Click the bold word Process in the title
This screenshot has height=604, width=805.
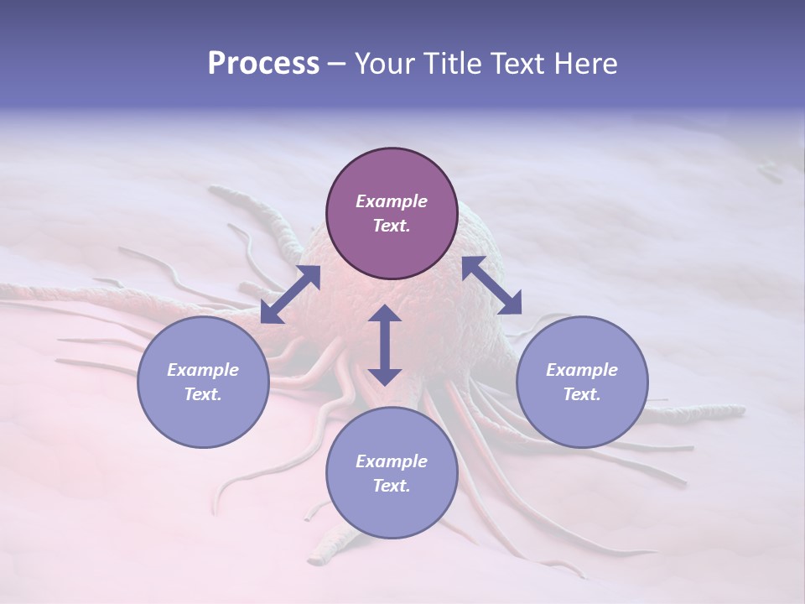pyautogui.click(x=263, y=64)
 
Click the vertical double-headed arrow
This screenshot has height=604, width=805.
pyautogui.click(x=385, y=346)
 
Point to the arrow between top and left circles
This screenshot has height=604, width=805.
pyautogui.click(x=290, y=294)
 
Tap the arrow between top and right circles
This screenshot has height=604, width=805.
pyautogui.click(x=491, y=285)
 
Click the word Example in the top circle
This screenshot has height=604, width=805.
pyautogui.click(x=392, y=201)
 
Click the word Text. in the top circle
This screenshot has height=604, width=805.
pyautogui.click(x=392, y=226)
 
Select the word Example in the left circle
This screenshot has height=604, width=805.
pyautogui.click(x=203, y=370)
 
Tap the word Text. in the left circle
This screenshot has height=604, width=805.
pyautogui.click(x=203, y=394)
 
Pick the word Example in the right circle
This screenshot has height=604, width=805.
pyautogui.click(x=582, y=370)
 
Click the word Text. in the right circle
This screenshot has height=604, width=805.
pyautogui.click(x=582, y=394)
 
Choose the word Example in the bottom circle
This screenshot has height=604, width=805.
pyautogui.click(x=392, y=461)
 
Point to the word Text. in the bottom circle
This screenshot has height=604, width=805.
pyautogui.click(x=392, y=486)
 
